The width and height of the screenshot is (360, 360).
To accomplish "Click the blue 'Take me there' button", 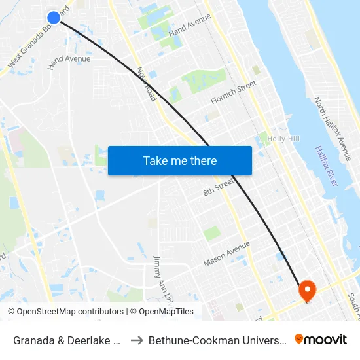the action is tap(180, 160).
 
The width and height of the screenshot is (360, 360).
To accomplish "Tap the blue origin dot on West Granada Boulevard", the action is tap(54, 17).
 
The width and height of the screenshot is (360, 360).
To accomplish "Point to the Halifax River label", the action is tap(326, 166).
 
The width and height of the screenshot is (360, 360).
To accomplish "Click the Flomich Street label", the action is tap(233, 92).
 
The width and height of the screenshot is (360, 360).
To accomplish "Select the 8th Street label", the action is tap(218, 188).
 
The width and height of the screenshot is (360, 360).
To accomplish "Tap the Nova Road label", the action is tap(147, 84).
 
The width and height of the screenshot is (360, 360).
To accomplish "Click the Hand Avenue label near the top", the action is tap(189, 27).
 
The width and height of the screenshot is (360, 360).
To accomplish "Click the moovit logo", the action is tap(321, 339).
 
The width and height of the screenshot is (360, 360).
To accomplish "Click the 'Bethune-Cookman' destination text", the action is tap(217, 340).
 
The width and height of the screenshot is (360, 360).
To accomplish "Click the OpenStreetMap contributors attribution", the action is tap(65, 312).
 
